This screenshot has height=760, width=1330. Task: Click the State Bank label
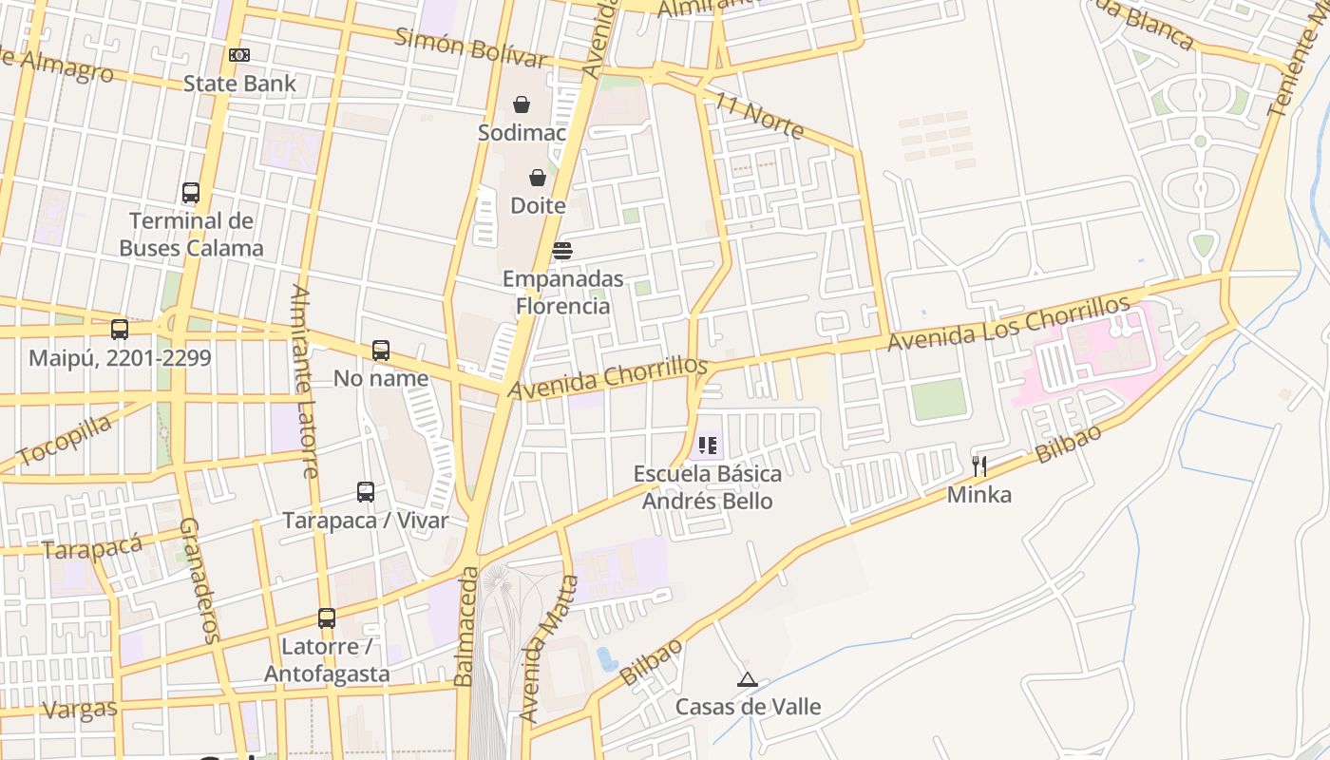click(x=239, y=84)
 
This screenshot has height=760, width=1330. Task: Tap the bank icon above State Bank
click(x=239, y=55)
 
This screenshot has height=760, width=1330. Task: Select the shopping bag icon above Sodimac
click(x=522, y=104)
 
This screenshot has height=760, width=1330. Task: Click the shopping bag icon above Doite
click(x=538, y=178)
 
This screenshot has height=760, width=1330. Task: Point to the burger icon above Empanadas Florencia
click(x=562, y=251)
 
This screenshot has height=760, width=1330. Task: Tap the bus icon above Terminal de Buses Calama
click(x=191, y=193)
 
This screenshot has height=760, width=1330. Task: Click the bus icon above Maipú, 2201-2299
click(x=120, y=330)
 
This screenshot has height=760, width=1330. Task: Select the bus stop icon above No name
click(x=381, y=351)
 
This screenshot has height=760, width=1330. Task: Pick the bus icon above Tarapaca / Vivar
click(x=366, y=492)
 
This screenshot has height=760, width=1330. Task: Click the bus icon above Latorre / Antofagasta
click(x=327, y=618)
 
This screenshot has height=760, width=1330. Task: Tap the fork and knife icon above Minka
click(x=979, y=466)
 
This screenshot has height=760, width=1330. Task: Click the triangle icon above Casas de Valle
click(x=748, y=679)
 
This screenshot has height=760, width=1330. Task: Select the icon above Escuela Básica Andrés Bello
click(x=707, y=446)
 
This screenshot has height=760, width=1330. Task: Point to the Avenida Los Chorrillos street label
click(x=1008, y=324)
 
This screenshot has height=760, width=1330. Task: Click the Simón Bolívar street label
click(x=470, y=47)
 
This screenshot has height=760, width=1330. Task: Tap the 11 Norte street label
click(x=760, y=116)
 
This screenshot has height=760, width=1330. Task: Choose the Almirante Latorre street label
click(x=304, y=380)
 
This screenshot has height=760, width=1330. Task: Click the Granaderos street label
click(x=199, y=579)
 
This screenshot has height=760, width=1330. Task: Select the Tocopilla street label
click(x=65, y=441)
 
